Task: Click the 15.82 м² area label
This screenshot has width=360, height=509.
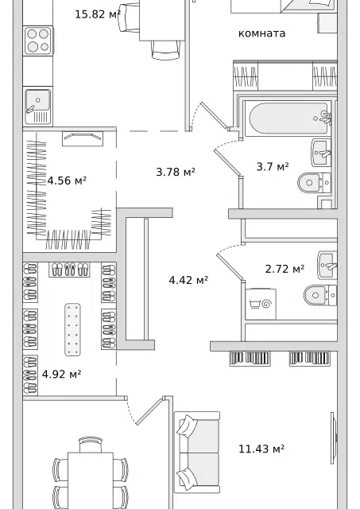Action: point(98,14)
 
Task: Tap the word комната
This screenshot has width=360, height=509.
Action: point(261,33)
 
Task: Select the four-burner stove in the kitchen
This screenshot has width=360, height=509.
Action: point(38,41)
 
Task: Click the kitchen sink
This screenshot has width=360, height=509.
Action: point(37,106)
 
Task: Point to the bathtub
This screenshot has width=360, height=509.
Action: point(288,119)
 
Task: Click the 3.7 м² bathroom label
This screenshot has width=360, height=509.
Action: point(273,167)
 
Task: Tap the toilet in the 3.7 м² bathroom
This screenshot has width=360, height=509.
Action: point(314,182)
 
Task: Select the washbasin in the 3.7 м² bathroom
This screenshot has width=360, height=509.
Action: point(321,153)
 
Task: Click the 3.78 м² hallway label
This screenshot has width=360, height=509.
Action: point(176,172)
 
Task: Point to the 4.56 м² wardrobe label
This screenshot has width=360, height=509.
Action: point(67,181)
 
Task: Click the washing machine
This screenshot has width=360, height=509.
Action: point(261,304)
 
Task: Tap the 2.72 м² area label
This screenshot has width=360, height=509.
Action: point(285,269)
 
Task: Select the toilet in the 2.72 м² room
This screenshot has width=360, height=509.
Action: point(320,295)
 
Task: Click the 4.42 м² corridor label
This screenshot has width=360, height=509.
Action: point(188,280)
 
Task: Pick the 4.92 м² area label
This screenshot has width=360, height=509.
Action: point(61,375)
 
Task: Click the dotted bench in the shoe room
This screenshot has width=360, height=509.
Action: point(72,329)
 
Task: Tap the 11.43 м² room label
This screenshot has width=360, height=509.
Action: point(261,449)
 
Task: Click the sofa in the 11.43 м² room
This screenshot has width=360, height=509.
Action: point(197,453)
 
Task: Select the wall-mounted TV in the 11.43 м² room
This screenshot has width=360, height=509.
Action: point(334,438)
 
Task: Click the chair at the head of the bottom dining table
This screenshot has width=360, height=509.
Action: point(91,445)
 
